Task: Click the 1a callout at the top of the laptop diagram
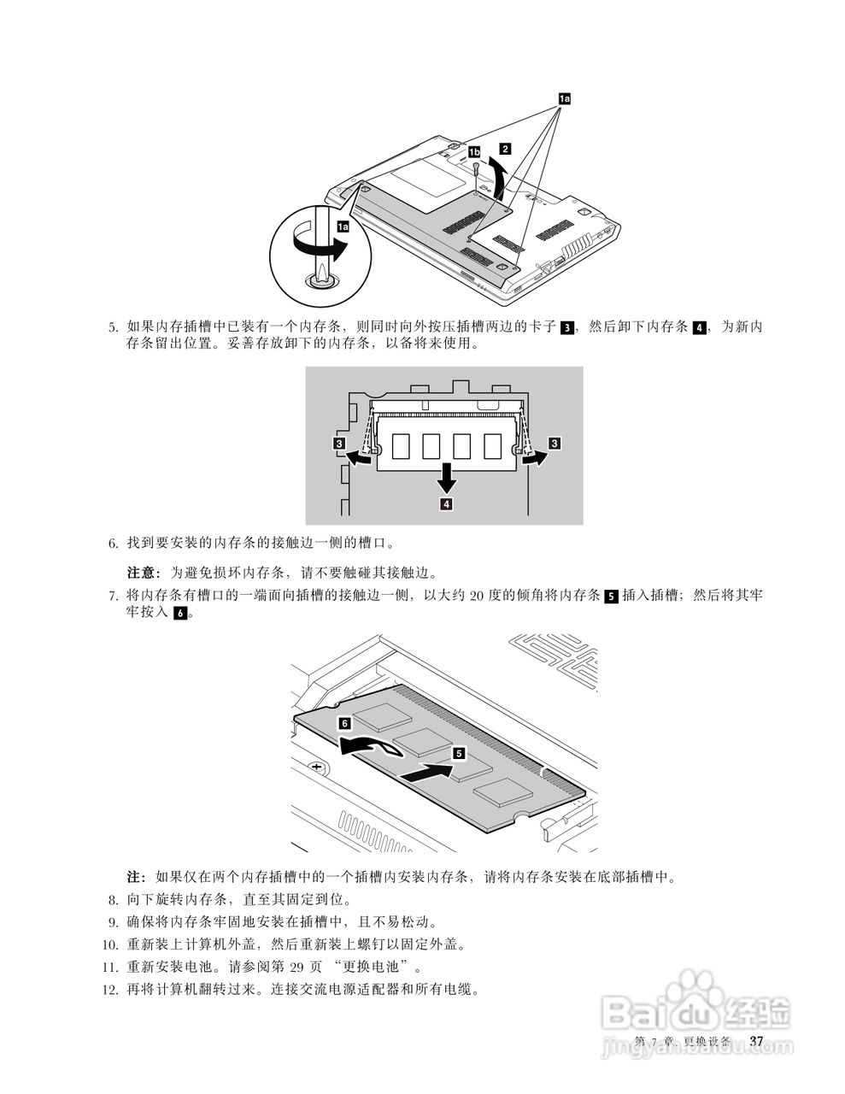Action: pos(564,99)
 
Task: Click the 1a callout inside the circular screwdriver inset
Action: pos(343,226)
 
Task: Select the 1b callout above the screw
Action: pos(475,151)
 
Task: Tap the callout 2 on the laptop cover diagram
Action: pos(506,148)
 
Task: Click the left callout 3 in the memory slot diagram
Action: pos(339,444)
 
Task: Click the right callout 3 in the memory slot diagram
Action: pos(555,444)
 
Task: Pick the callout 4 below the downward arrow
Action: pos(446,504)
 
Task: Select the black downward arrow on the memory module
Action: pos(446,479)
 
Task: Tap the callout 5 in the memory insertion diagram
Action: pos(459,753)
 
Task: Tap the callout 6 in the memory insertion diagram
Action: pos(343,723)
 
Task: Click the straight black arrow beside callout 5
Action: pos(425,773)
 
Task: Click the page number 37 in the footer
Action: pos(755,1040)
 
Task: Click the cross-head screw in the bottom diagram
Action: pos(317,767)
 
